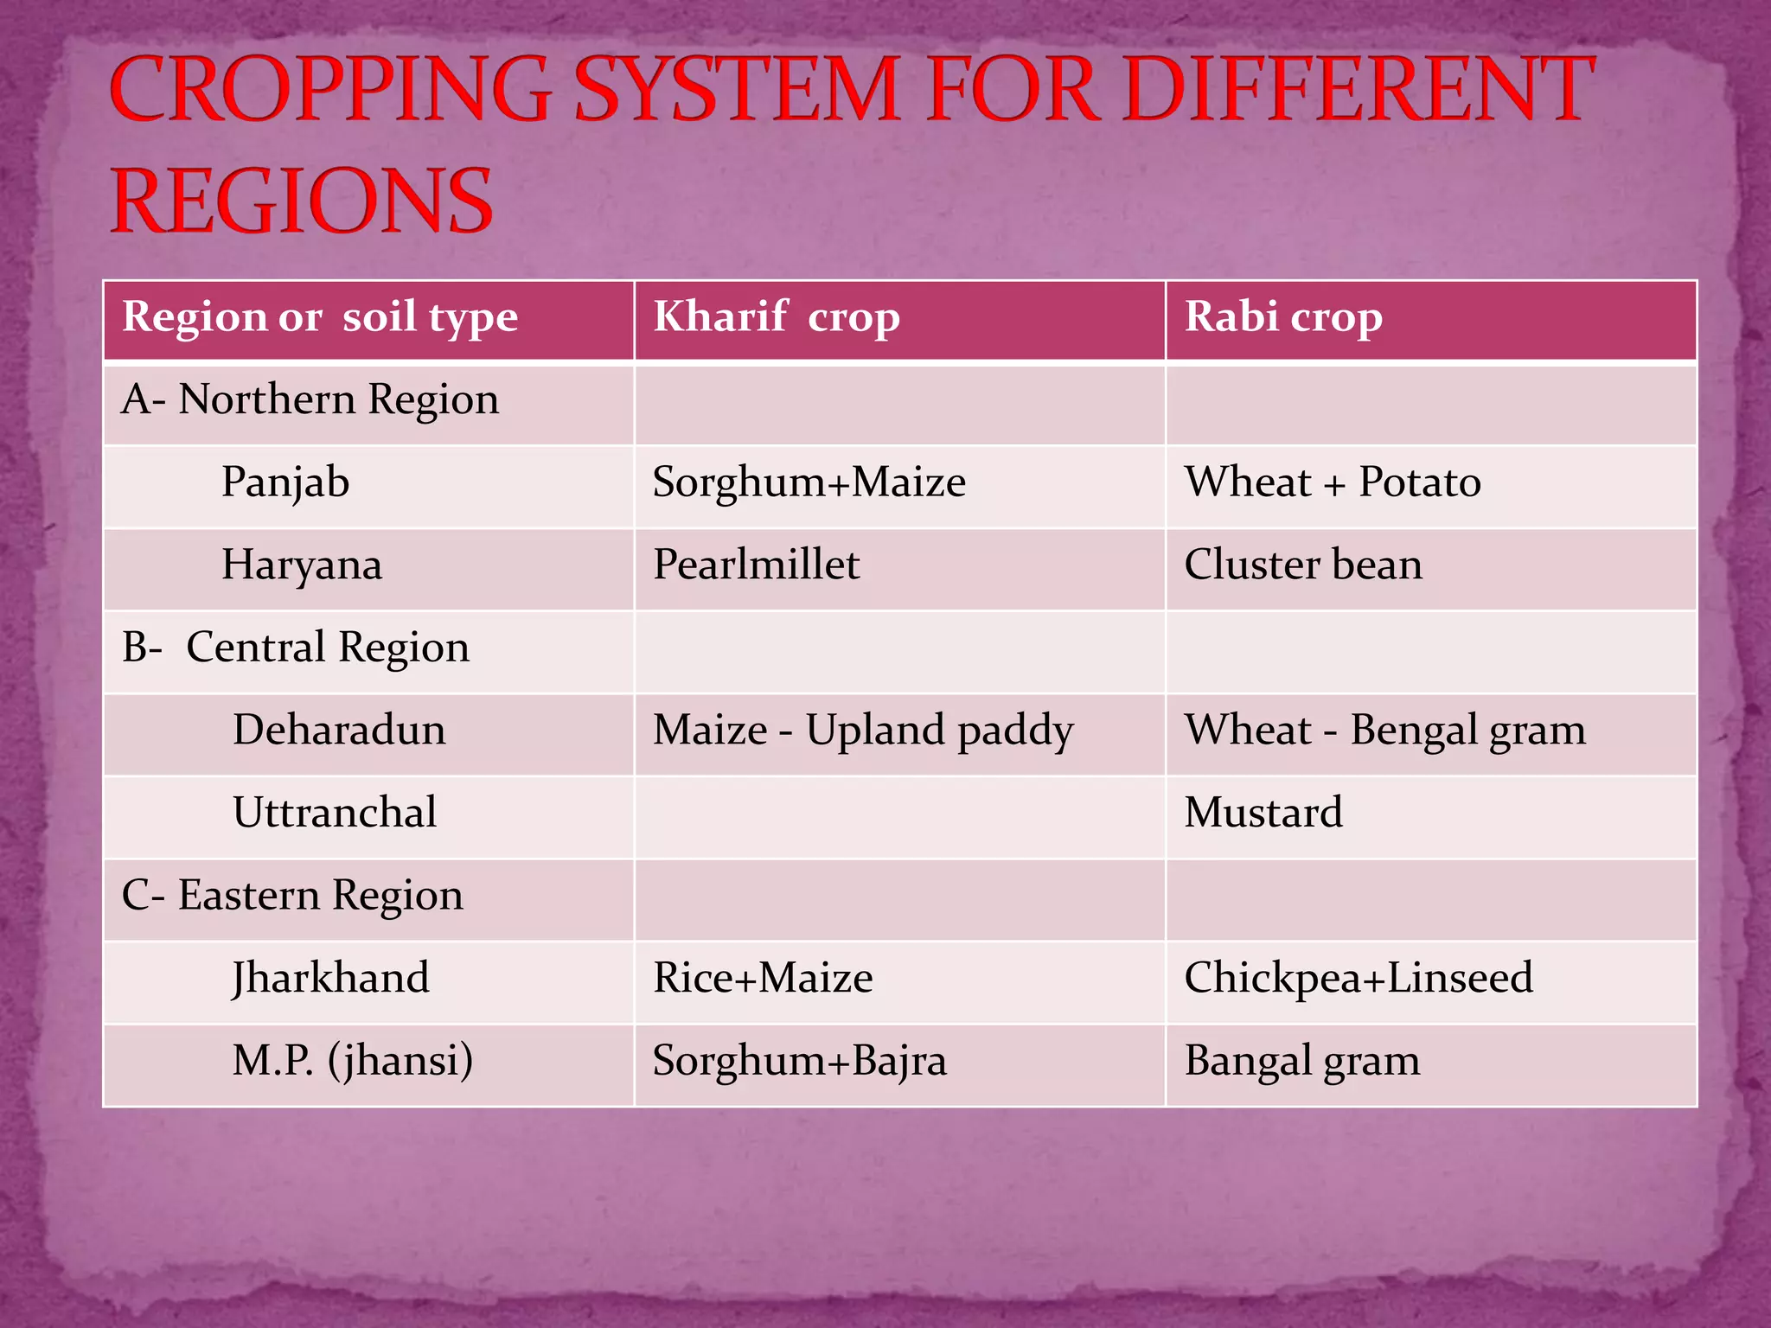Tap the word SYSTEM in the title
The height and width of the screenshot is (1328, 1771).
click(736, 89)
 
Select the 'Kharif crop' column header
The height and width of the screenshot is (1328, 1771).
click(776, 317)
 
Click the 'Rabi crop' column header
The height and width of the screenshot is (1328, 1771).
click(1283, 317)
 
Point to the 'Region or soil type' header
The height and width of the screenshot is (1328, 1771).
click(320, 317)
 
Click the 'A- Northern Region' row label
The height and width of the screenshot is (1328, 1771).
click(310, 400)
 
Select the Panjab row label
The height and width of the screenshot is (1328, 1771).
click(285, 482)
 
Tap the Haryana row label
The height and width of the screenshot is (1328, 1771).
click(302, 565)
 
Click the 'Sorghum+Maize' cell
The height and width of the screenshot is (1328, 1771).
click(809, 482)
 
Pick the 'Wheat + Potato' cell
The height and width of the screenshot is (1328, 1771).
click(1333, 482)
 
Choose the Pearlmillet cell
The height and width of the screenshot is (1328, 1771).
click(756, 565)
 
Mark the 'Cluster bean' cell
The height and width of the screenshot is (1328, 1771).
click(1303, 565)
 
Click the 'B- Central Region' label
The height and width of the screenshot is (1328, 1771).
click(296, 648)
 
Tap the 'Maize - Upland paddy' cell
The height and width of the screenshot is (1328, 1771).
click(863, 731)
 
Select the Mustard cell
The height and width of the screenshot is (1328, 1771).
click(1263, 813)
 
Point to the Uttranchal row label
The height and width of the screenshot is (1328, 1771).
click(335, 813)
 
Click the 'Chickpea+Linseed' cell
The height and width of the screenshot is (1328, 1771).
click(1359, 979)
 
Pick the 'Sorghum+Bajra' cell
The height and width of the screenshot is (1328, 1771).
click(799, 1061)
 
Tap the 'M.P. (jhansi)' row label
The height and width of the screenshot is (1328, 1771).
click(353, 1061)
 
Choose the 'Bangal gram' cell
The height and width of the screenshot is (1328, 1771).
click(1302, 1061)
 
